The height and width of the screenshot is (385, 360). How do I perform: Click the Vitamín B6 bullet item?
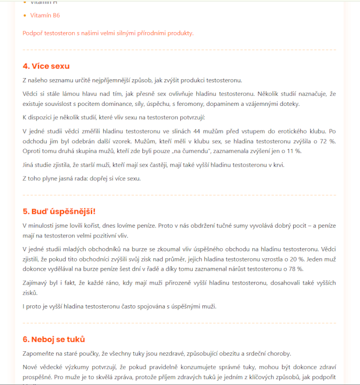tap(45, 16)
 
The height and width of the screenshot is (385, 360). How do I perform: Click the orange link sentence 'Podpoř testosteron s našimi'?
tap(108, 33)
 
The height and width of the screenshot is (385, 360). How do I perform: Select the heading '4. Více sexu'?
tap(46, 66)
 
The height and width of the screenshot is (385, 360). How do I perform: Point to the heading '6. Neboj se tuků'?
tap(53, 340)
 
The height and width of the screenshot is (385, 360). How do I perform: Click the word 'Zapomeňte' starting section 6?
tap(39, 353)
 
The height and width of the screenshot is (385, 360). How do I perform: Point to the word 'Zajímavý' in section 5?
tap(35, 283)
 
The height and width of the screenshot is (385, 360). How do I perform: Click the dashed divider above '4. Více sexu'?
tap(179, 50)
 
